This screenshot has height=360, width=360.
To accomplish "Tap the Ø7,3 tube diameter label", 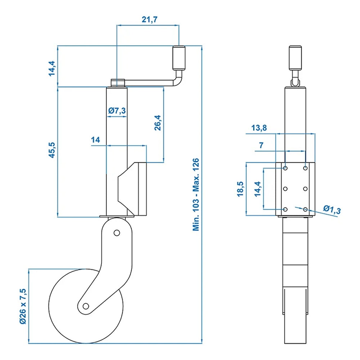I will [x=117, y=111].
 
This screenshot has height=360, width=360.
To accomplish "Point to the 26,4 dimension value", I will [x=158, y=123].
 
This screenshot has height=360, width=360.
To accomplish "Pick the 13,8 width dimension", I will [x=260, y=128].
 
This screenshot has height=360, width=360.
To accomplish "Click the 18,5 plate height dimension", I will [x=240, y=189].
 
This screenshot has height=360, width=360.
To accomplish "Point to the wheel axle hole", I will [x=86, y=306].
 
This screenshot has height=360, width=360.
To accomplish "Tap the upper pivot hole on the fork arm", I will [x=116, y=233].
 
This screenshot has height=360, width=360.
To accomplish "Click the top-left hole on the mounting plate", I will [x=285, y=168].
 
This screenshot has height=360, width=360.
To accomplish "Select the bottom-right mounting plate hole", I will [x=305, y=209].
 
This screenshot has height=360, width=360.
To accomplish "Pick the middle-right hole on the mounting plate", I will [x=305, y=189].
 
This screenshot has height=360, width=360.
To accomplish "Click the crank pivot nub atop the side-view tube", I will [x=117, y=82].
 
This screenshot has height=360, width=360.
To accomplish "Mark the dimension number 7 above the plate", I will [x=261, y=146].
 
